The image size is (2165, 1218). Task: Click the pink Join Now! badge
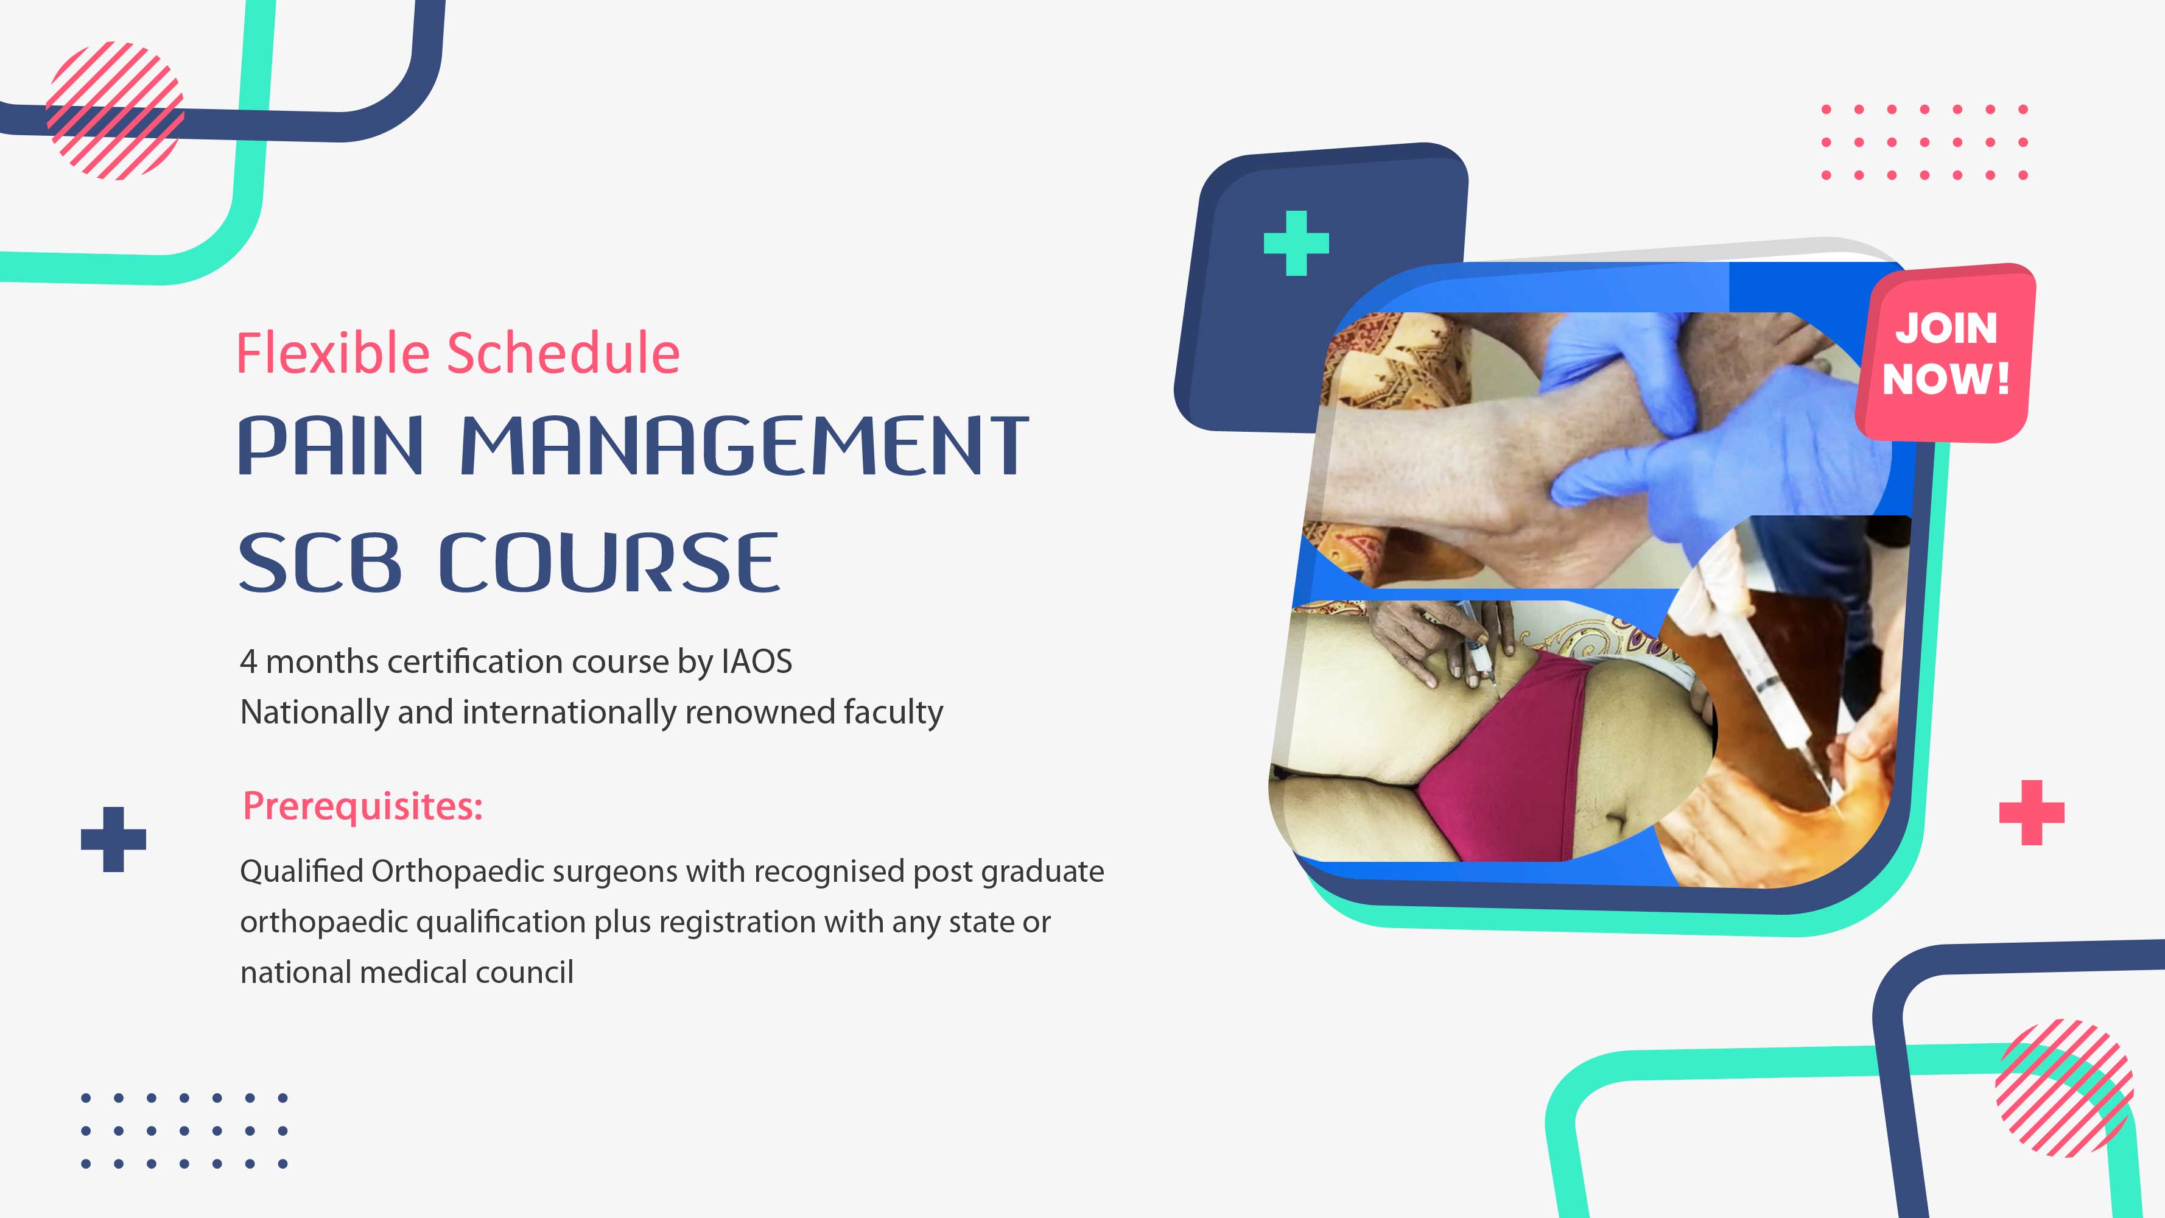tap(1946, 353)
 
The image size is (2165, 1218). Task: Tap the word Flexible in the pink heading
tap(334, 353)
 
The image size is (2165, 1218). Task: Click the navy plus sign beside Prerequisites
tap(113, 839)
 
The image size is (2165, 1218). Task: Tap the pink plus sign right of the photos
tap(2032, 812)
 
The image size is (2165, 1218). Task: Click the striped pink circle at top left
tap(114, 110)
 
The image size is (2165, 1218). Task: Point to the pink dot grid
tap(1924, 142)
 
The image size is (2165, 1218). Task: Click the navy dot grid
tap(184, 1130)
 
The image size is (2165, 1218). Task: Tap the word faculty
tap(893, 713)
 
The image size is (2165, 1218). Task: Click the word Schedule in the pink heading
tap(563, 353)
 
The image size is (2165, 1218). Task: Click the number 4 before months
tap(248, 663)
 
